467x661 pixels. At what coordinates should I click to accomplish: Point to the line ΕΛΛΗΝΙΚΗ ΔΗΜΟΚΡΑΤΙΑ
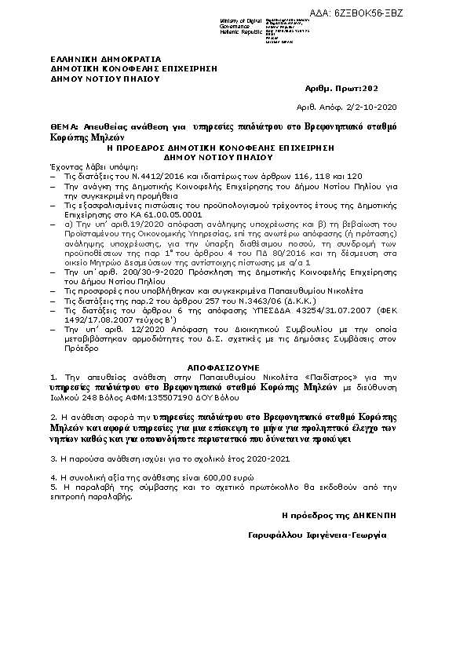pyautogui.click(x=94, y=59)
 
